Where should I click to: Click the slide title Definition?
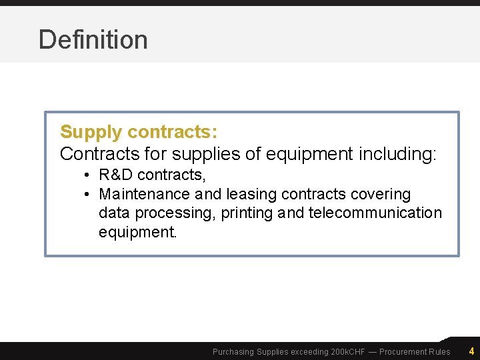(93, 40)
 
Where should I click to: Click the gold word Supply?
(91, 132)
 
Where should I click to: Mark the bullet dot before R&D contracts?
(87, 175)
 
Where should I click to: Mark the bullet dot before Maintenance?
(87, 194)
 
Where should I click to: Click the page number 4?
(471, 351)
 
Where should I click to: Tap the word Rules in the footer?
(439, 352)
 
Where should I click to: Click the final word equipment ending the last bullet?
(137, 233)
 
